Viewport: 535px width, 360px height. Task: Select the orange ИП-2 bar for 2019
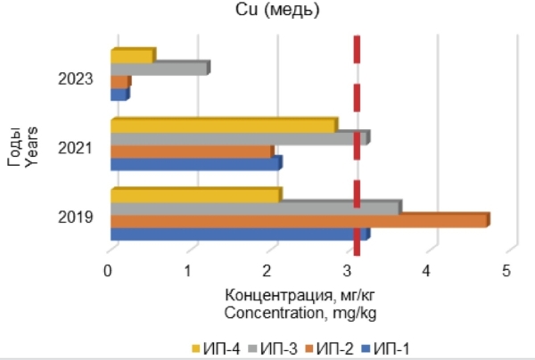coord(299,221)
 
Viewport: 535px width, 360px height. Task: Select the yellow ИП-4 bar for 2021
coord(223,126)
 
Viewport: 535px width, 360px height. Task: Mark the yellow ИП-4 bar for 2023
coord(132,56)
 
